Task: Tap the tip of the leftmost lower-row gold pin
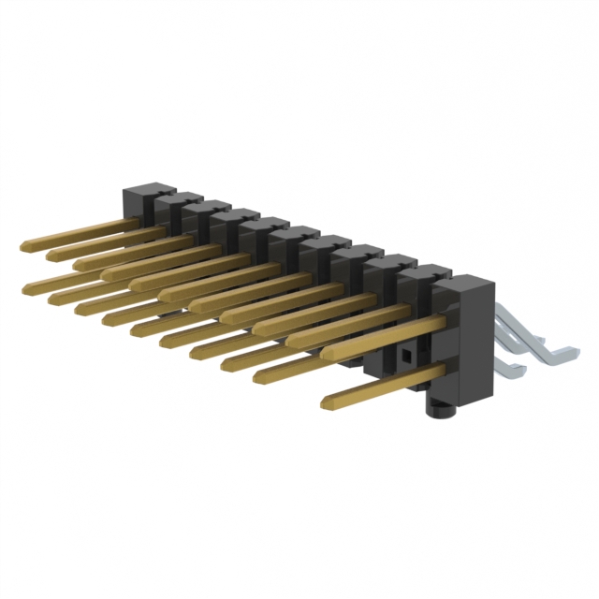click(25, 284)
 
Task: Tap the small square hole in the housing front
click(405, 357)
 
